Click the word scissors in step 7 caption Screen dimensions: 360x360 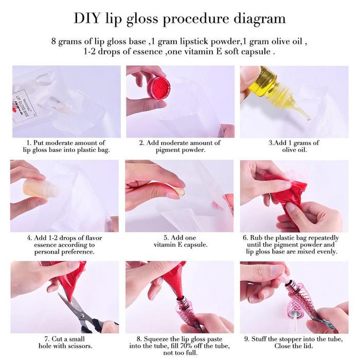[79, 346]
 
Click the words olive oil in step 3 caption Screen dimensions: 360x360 [294, 150]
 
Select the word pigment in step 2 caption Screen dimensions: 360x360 [168, 150]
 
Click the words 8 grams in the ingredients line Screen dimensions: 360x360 [66, 42]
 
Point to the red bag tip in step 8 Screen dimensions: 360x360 [179, 293]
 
